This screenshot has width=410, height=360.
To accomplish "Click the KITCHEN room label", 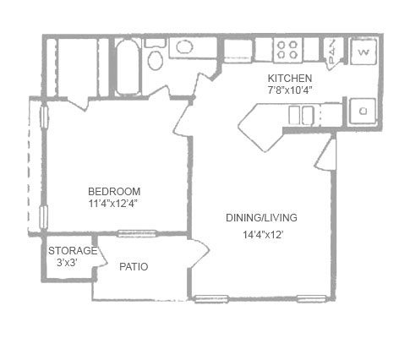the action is point(290,78).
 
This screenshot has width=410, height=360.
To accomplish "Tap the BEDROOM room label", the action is point(114,192).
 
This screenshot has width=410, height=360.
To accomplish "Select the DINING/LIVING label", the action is point(261,218).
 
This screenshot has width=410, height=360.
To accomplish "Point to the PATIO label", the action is point(134,267).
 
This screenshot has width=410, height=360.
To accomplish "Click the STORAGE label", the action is point(73,250).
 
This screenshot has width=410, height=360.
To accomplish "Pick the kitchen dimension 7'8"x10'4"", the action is point(290,90).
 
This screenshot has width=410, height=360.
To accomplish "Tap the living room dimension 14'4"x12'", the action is point(263,234).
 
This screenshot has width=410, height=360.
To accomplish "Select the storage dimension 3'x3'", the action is point(67,263).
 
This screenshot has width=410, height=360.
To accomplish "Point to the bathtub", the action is point(128,67).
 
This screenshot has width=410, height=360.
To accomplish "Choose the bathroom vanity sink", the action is point(184,46).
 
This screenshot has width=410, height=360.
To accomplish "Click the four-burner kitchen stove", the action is point(287,50).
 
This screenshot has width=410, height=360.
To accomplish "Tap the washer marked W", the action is point(364,52).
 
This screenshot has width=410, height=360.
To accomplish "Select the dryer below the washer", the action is point(363,111).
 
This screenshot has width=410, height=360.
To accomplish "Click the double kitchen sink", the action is point(301,115).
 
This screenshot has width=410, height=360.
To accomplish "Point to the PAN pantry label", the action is point(332,52).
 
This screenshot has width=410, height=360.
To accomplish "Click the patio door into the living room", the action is point(199,253).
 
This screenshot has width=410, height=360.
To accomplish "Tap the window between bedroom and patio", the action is point(137,233).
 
